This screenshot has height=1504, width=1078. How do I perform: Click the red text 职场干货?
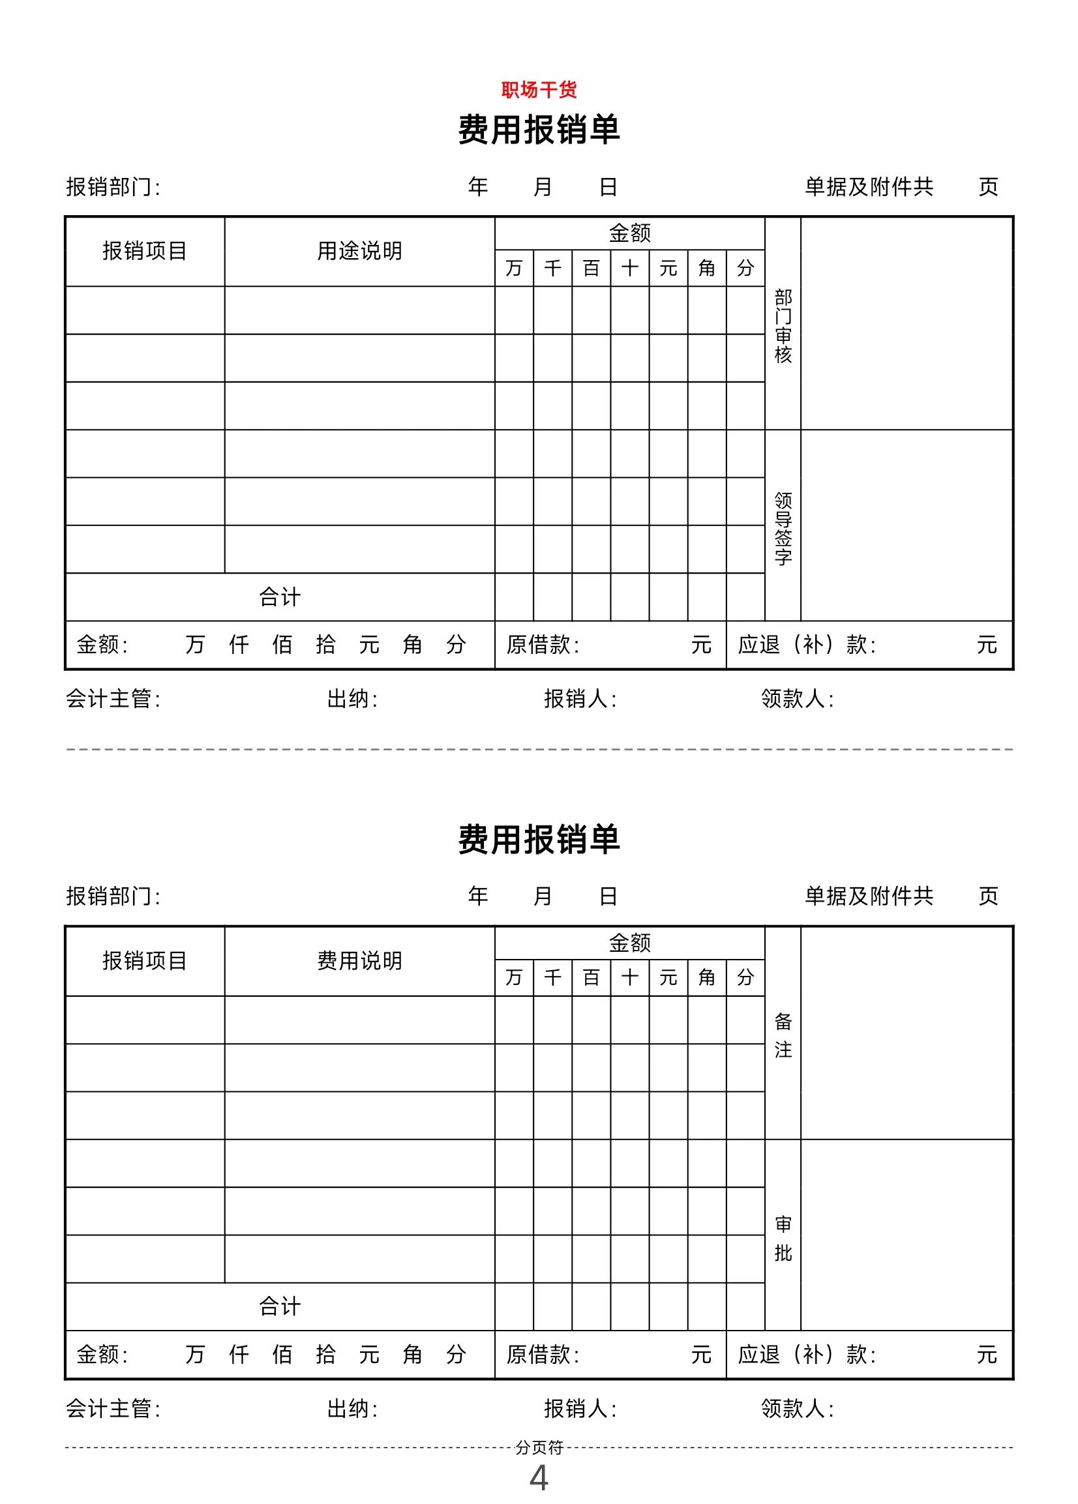coord(539,89)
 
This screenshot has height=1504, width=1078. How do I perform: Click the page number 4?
coord(539,1477)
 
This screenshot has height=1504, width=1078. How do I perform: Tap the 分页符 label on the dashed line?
coord(539,1447)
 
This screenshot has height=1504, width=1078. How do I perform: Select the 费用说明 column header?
coord(359,961)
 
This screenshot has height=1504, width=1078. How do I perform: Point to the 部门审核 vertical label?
coord(783,325)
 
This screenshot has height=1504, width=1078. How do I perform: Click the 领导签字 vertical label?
coord(783,528)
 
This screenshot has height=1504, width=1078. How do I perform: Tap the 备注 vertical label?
coord(783,1035)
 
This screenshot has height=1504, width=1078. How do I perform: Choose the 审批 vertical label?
coord(783,1237)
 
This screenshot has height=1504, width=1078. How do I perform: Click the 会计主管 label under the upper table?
coord(113,698)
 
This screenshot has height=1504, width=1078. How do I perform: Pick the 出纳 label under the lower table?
coord(352,1408)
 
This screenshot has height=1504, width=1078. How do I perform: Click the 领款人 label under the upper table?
coord(797,698)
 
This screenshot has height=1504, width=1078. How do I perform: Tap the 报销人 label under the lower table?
coord(580,1408)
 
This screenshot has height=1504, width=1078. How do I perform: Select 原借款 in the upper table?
coord(542,645)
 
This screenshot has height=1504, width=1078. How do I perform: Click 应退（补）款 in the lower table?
coord(806,1354)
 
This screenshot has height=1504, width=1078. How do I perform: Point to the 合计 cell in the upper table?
coord(280,597)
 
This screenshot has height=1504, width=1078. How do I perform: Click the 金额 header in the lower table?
coord(629,942)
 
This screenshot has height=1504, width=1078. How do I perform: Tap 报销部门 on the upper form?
coord(113,187)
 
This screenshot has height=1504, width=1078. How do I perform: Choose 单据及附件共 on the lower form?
coord(869,896)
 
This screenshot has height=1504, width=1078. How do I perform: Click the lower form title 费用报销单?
coord(539,839)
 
